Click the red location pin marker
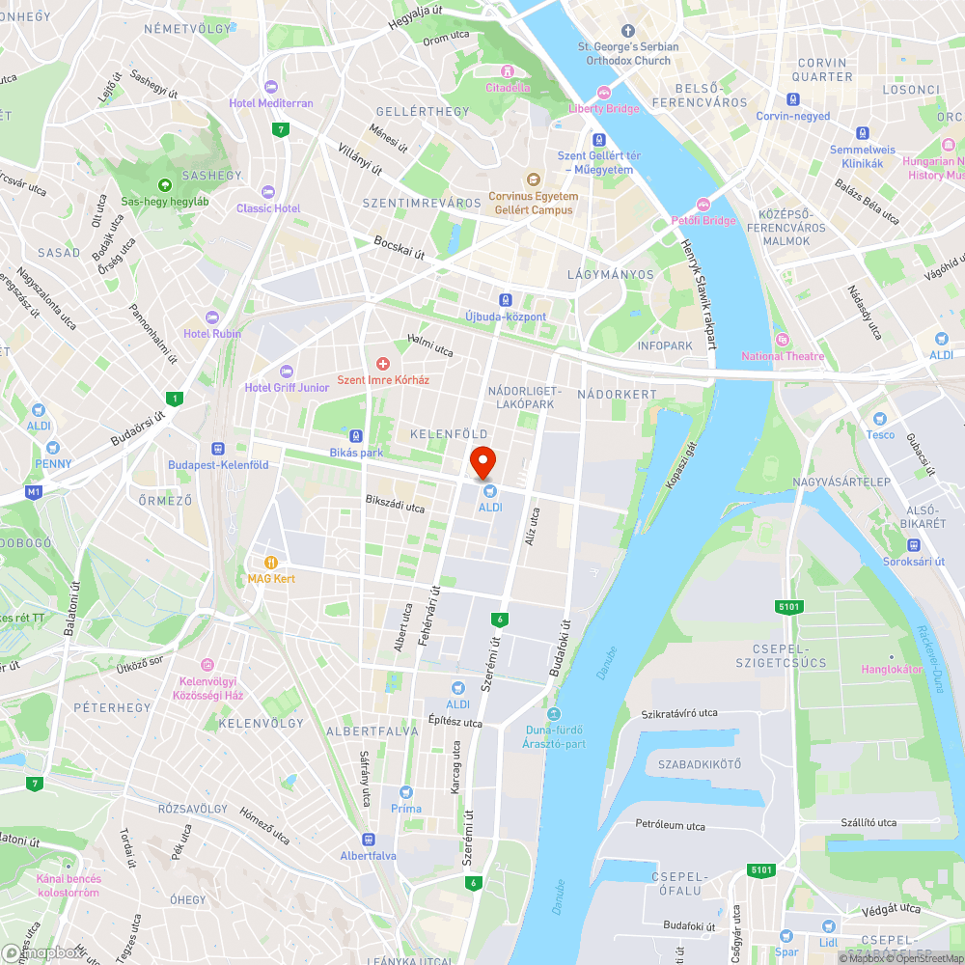click(x=482, y=461)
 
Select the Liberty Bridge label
click(x=604, y=108)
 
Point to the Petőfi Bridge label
click(x=703, y=220)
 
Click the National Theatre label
click(x=783, y=356)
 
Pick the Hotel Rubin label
click(x=212, y=334)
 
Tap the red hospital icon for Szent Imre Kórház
click(x=383, y=363)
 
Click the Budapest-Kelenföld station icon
click(x=218, y=448)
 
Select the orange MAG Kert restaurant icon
click(x=271, y=562)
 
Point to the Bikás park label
click(x=356, y=452)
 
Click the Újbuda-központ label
click(x=506, y=317)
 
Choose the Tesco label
click(x=879, y=434)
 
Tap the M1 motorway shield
click(x=35, y=492)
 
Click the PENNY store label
click(x=53, y=463)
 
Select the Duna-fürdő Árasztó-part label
click(x=554, y=736)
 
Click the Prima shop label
click(x=406, y=808)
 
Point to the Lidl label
click(x=829, y=941)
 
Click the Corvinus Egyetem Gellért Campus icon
click(x=533, y=179)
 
